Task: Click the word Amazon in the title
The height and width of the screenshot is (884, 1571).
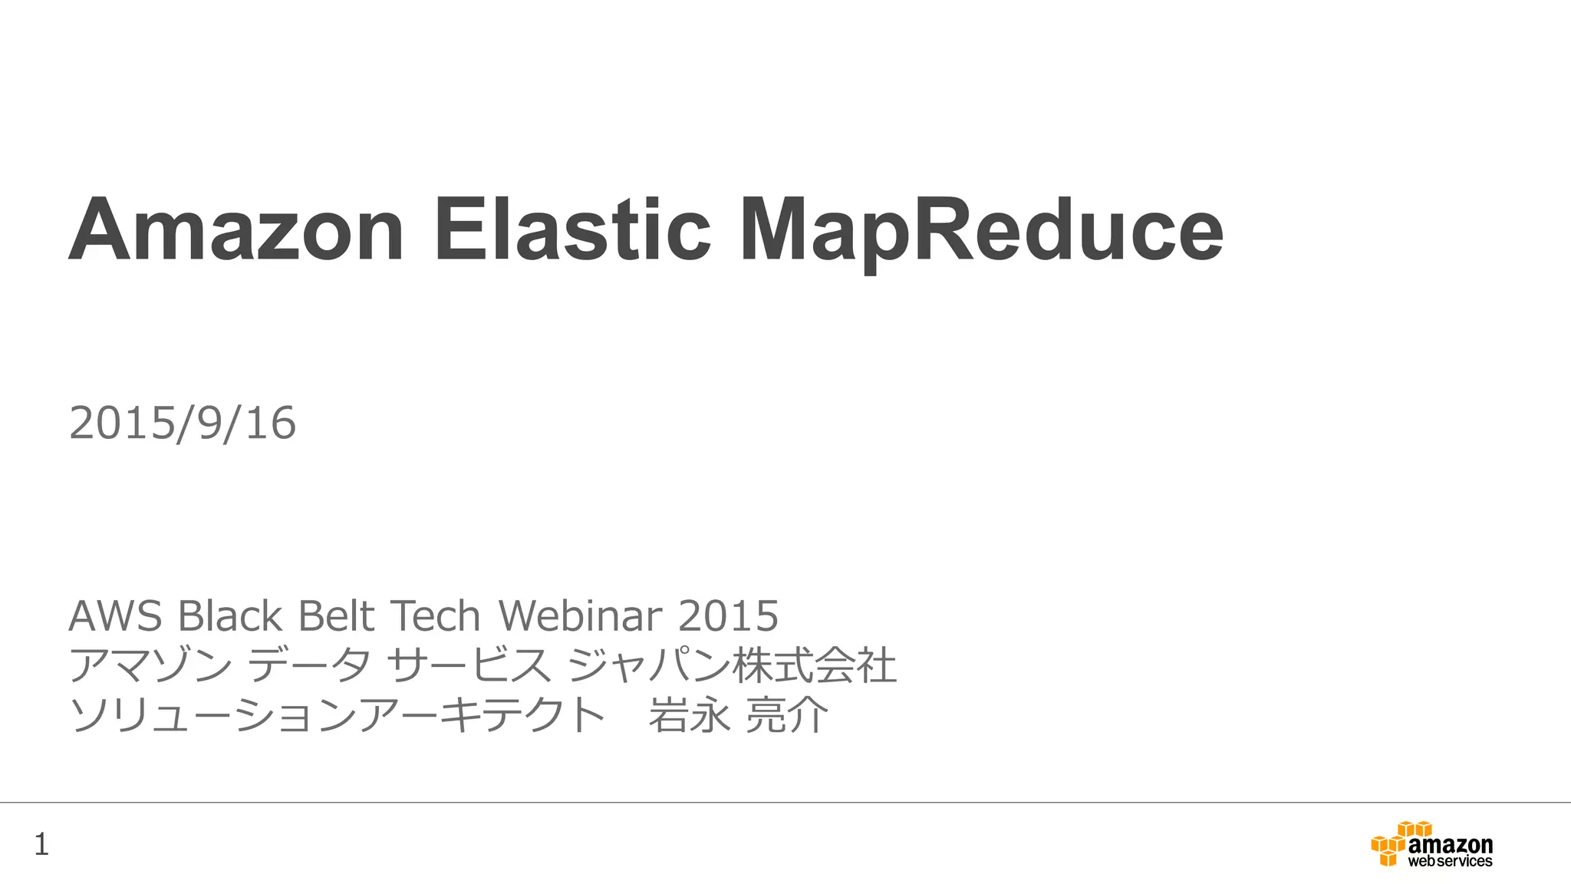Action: pyautogui.click(x=236, y=230)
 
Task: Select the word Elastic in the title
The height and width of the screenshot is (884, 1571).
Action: pyautogui.click(x=572, y=230)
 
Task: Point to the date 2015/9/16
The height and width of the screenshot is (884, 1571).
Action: pyautogui.click(x=183, y=424)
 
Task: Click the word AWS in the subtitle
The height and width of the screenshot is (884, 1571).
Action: pyautogui.click(x=115, y=615)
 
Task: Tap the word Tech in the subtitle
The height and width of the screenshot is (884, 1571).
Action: pyautogui.click(x=435, y=615)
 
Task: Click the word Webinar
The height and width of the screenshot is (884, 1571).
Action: pyautogui.click(x=580, y=615)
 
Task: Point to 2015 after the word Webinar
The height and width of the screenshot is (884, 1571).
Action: pyautogui.click(x=729, y=615)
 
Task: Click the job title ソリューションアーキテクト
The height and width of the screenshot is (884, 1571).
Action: pyautogui.click(x=338, y=715)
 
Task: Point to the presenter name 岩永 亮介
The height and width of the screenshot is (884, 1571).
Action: pyautogui.click(x=738, y=715)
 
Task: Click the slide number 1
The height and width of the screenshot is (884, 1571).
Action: pyautogui.click(x=41, y=845)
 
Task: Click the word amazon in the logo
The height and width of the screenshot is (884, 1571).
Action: pyautogui.click(x=1451, y=845)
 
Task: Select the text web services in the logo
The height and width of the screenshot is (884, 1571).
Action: pyautogui.click(x=1450, y=862)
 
